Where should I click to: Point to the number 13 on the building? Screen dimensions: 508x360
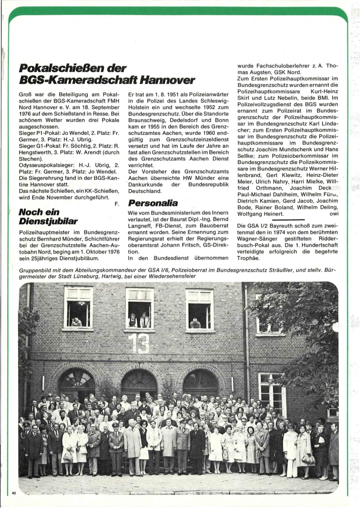click(x=138, y=343)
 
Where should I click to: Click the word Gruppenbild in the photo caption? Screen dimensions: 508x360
click(x=35, y=269)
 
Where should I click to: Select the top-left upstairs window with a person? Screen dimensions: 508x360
click(x=78, y=308)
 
